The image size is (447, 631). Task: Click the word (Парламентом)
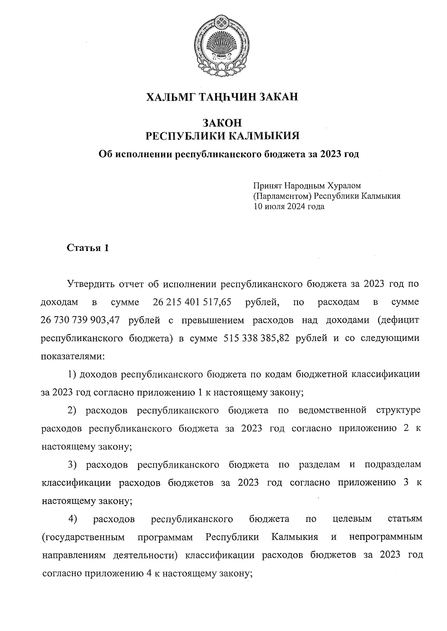[282, 196]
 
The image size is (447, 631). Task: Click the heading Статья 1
[88, 248]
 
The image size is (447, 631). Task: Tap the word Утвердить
[90, 284]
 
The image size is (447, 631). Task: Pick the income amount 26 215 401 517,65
[192, 302]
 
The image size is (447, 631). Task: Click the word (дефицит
[397, 320]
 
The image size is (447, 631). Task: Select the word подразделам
[393, 465]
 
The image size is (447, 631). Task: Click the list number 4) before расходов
[73, 519]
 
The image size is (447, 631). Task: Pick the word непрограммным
[386, 537]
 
